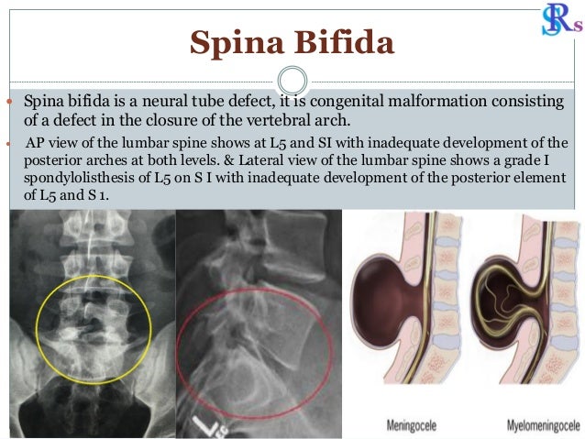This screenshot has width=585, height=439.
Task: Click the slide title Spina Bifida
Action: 292,41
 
